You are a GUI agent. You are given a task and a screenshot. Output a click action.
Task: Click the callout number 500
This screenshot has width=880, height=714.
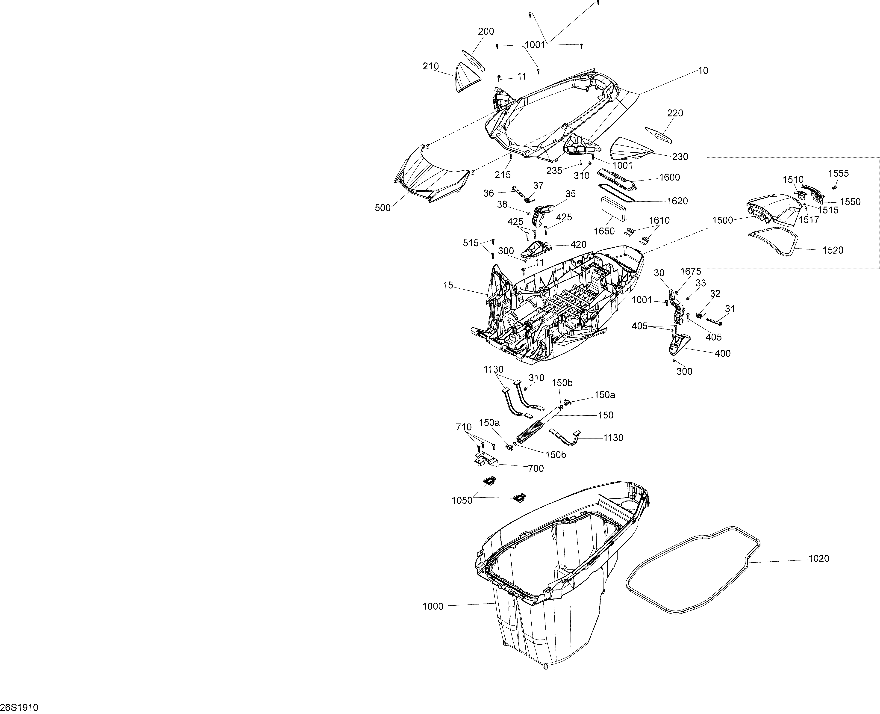(383, 208)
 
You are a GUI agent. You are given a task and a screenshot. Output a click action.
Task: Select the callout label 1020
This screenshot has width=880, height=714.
(819, 559)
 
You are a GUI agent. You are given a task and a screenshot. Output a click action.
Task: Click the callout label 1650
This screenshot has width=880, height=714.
(604, 231)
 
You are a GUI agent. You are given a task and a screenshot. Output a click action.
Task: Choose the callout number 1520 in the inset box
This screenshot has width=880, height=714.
(833, 250)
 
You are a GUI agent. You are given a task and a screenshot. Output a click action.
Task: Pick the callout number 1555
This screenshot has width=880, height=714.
(838, 174)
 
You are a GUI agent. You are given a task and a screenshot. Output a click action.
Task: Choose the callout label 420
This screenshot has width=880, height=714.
(578, 245)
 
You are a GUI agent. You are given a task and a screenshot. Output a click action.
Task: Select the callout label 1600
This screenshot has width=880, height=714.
(670, 177)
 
